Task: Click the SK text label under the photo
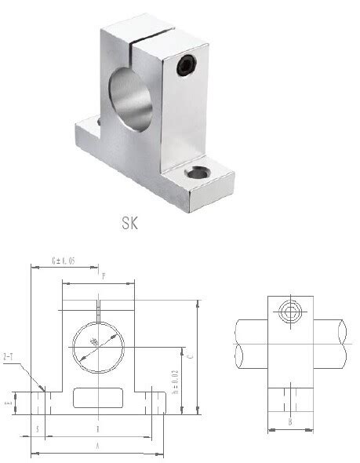click(x=130, y=224)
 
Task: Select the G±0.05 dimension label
click(x=63, y=259)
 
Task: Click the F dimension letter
click(x=103, y=275)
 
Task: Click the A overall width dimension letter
click(x=96, y=445)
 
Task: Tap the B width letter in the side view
click(x=289, y=421)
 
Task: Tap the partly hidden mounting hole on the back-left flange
click(x=98, y=122)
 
